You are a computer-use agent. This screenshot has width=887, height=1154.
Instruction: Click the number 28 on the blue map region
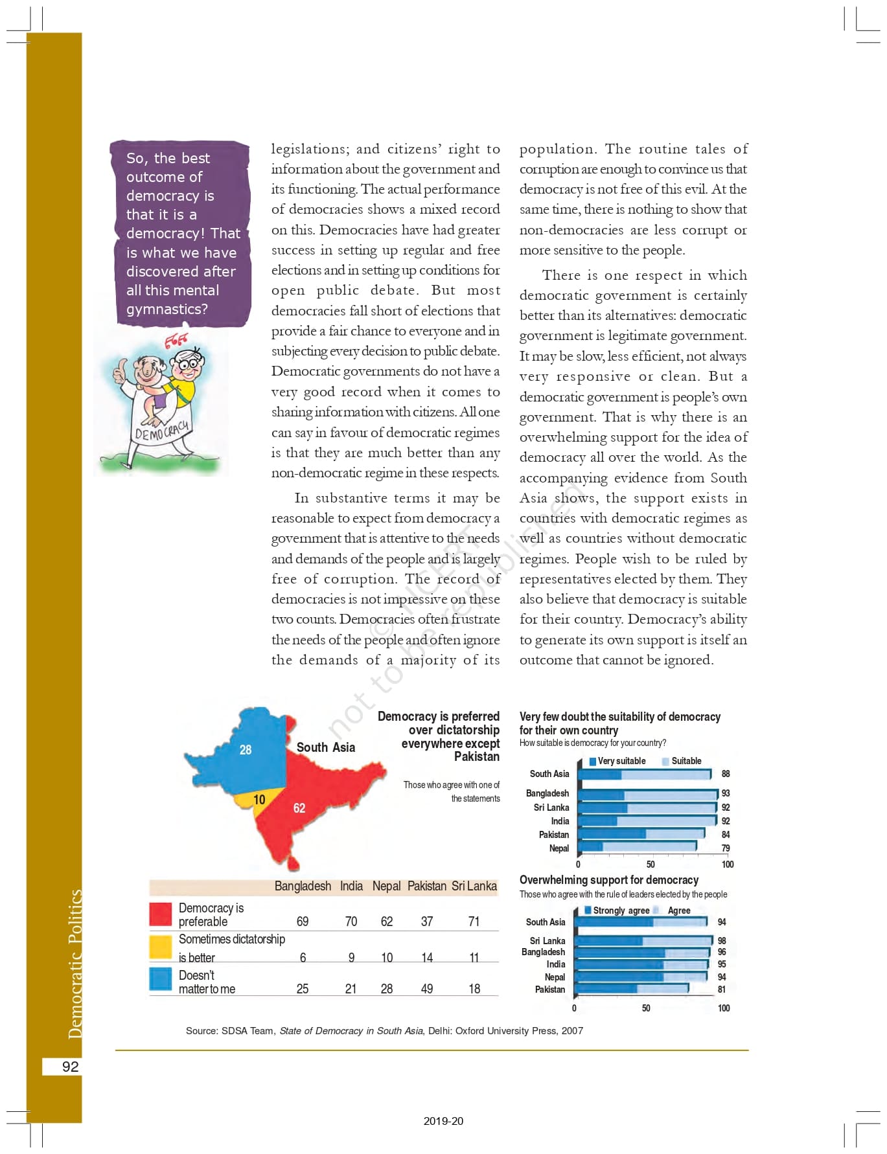pos(246,750)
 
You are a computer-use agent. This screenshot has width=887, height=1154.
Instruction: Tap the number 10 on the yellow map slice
pos(259,800)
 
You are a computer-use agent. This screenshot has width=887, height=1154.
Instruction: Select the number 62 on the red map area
pos(299,808)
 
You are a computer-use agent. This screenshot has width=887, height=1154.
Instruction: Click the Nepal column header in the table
pos(386,886)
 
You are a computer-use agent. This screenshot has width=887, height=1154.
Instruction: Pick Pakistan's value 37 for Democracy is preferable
pos(427,922)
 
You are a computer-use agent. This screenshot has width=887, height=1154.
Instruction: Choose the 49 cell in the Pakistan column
pos(427,989)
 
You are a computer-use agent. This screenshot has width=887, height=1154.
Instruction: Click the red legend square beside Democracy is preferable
pos(161,914)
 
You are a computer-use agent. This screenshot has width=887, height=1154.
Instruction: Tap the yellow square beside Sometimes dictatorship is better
pos(161,947)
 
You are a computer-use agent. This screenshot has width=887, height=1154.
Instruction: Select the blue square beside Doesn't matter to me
pos(161,979)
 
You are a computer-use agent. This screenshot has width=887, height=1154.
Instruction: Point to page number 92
pos(70,1067)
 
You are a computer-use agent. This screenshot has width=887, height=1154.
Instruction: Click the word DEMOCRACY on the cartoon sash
pos(162,431)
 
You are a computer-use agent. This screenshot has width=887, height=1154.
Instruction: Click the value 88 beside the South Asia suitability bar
pos(726,774)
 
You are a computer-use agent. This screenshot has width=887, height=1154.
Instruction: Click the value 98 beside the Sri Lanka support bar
pos(722,941)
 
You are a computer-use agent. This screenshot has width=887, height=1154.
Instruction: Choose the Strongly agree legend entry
pos(619,911)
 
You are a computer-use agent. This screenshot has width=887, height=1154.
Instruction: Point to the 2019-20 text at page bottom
pos(443,1122)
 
